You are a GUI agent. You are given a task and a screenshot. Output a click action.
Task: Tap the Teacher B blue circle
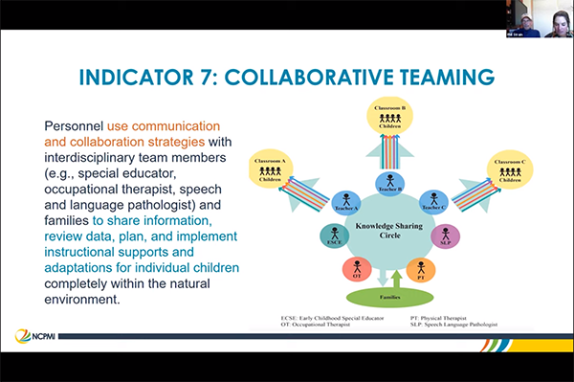pos(389,182)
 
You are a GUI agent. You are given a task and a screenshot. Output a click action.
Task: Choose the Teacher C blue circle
pos(434,201)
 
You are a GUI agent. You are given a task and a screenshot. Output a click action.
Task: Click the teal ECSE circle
pos(334,234)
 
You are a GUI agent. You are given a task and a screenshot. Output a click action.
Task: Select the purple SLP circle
pos(447,234)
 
